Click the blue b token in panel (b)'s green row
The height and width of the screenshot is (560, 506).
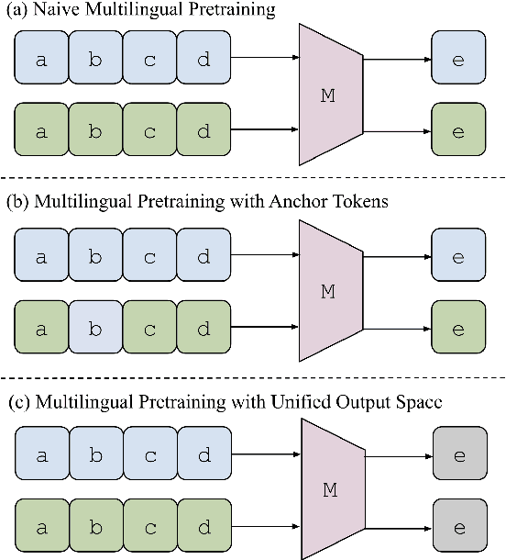point(94,328)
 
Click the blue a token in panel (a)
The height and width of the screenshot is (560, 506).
point(39,60)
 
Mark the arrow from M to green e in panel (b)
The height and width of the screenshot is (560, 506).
point(399,327)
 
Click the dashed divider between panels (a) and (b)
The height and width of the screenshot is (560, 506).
point(253,177)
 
